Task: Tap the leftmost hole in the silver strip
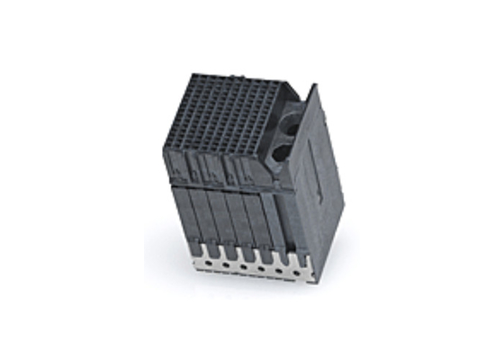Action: click(209, 263)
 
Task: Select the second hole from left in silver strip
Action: click(228, 265)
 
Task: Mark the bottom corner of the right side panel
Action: click(314, 282)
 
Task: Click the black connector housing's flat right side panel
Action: click(319, 189)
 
